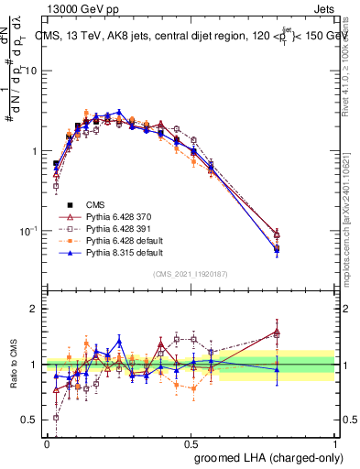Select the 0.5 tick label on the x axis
click(191, 442)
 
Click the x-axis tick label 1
click(335, 442)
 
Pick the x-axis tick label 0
click(47, 442)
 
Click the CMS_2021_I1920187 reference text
click(190, 274)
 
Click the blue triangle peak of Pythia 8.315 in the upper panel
click(118, 111)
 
